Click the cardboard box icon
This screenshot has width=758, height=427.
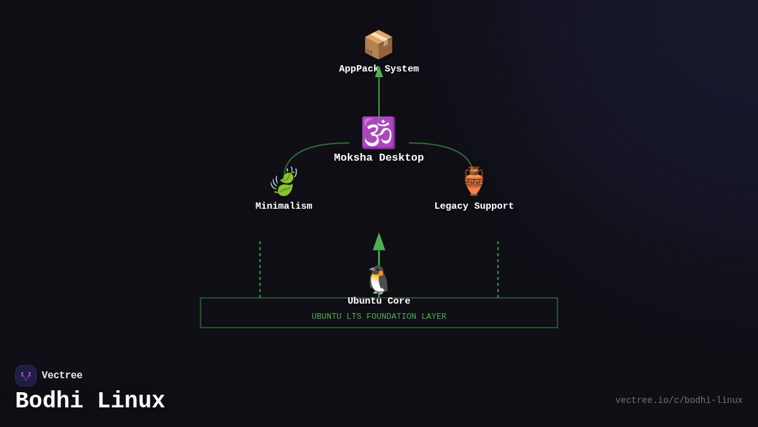[x=378, y=44]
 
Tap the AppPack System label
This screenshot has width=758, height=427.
[x=378, y=69]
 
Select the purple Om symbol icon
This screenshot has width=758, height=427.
[x=378, y=133]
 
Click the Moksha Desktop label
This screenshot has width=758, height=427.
[x=378, y=158]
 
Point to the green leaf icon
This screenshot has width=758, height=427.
[x=284, y=182]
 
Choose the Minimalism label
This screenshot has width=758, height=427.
[x=284, y=206]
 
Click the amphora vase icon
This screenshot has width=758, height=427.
[x=474, y=182]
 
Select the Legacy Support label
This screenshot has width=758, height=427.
[x=474, y=206]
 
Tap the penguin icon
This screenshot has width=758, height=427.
[x=378, y=280]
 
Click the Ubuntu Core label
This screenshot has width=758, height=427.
[x=378, y=301]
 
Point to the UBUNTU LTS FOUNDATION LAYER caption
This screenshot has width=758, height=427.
[x=378, y=316]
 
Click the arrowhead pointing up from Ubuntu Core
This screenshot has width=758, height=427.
[x=378, y=242]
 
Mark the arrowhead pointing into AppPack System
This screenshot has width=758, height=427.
[x=379, y=71]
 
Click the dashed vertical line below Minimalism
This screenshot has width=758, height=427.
[x=260, y=269]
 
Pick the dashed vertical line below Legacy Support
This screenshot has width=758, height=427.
[x=498, y=269]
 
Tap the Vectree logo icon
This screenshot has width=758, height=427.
[x=26, y=376]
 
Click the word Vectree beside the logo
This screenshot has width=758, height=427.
[x=62, y=376]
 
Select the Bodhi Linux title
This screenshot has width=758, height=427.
[x=90, y=401]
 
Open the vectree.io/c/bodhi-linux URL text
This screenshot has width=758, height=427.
[x=678, y=400]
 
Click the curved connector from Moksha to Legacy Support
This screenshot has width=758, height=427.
[x=450, y=149]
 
